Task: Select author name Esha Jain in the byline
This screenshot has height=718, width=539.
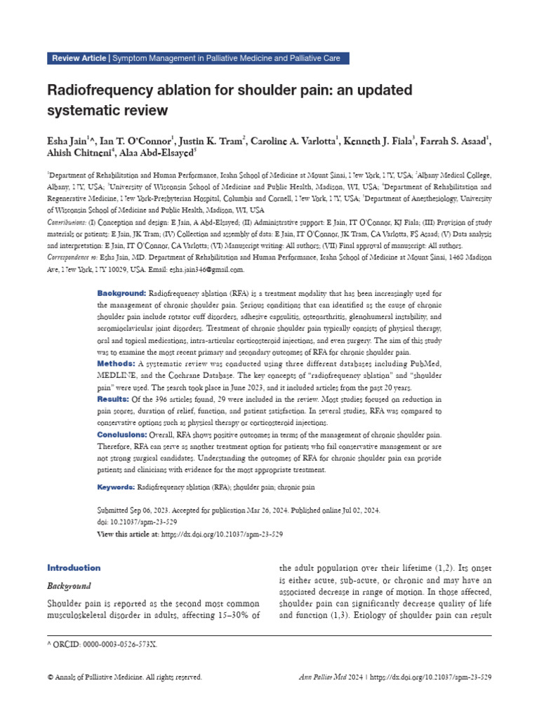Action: pos(69,142)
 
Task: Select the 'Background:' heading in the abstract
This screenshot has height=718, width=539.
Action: pos(121,292)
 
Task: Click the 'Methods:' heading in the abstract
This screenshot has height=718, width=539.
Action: pos(116,364)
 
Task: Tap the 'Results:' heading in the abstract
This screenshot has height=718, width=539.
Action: pos(113,398)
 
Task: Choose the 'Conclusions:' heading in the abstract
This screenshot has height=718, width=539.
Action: pos(121,435)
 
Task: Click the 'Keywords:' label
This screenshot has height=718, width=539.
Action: pos(115,487)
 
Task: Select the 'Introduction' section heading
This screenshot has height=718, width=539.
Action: pos(74,567)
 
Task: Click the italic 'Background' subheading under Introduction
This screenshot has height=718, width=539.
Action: pos(69,585)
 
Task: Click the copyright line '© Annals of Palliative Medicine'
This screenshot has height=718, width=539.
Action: pos(124,677)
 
